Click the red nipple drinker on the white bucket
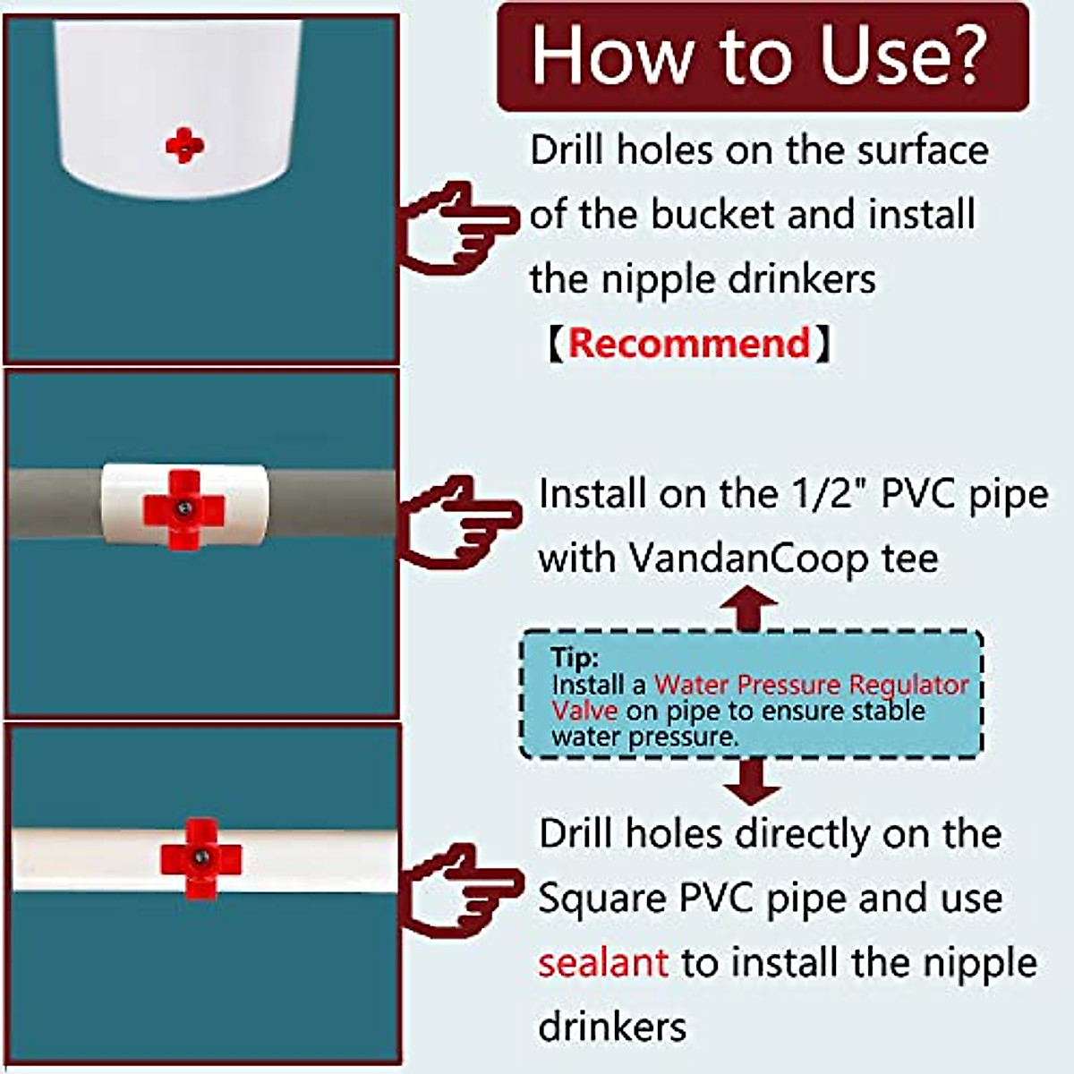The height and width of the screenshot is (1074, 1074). pyautogui.click(x=184, y=145)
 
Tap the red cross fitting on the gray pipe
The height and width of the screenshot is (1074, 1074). pyautogui.click(x=183, y=509)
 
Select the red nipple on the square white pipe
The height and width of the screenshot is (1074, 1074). pyautogui.click(x=200, y=857)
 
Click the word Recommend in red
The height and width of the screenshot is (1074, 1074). pyautogui.click(x=689, y=344)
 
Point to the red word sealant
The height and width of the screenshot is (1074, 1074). pyautogui.click(x=602, y=963)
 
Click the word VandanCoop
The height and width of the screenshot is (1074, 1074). pyautogui.click(x=748, y=558)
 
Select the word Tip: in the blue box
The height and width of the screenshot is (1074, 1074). pyautogui.click(x=574, y=657)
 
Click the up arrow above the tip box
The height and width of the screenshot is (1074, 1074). pyautogui.click(x=750, y=609)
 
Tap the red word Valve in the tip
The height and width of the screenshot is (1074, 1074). pyautogui.click(x=584, y=711)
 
